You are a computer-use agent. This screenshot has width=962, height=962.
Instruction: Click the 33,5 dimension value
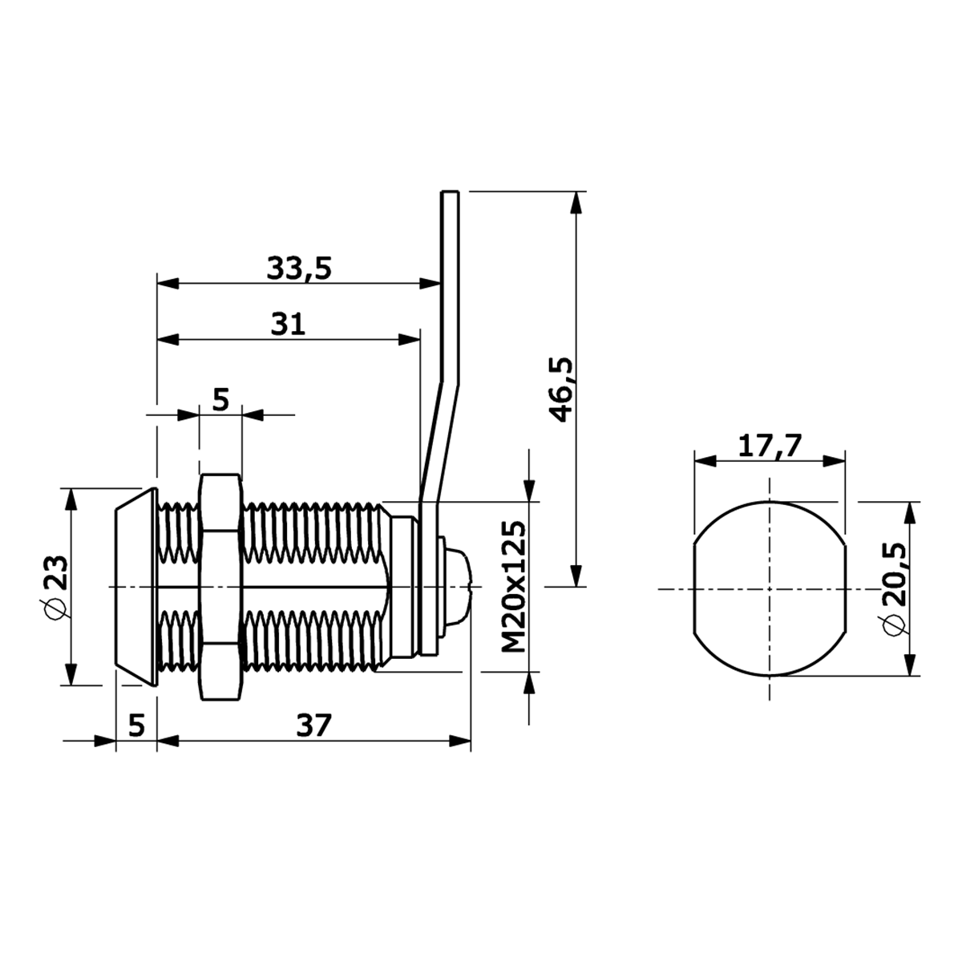pyautogui.click(x=299, y=268)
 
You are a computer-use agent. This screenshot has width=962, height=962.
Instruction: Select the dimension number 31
pyautogui.click(x=288, y=325)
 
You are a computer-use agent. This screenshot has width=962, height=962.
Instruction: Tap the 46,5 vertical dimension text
pyautogui.click(x=562, y=390)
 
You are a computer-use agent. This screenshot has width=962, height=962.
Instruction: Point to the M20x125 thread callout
pyautogui.click(x=514, y=587)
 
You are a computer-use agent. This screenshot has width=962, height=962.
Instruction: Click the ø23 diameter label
pyautogui.click(x=55, y=586)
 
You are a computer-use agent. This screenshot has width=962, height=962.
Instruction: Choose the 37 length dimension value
pyautogui.click(x=314, y=726)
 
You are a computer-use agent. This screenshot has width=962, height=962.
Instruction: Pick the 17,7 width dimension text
pyautogui.click(x=770, y=446)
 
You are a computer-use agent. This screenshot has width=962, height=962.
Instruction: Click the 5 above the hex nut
pyautogui.click(x=220, y=400)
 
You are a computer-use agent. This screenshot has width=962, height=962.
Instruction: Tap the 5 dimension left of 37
pyautogui.click(x=136, y=726)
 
